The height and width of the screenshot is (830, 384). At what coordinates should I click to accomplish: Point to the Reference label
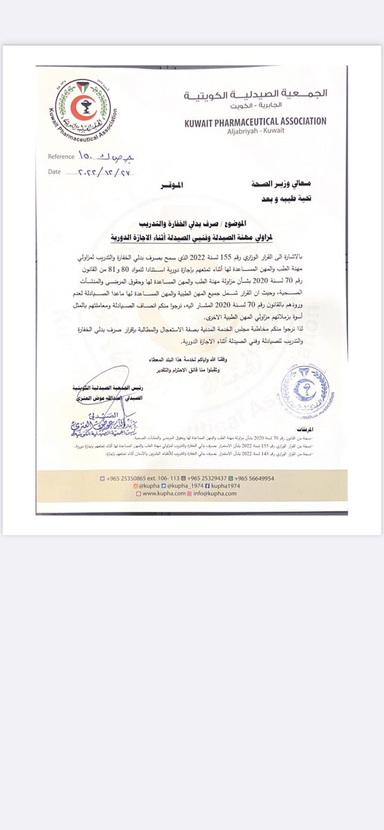pyautogui.click(x=62, y=156)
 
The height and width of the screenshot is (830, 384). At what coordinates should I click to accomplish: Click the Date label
pyautogui.click(x=55, y=170)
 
